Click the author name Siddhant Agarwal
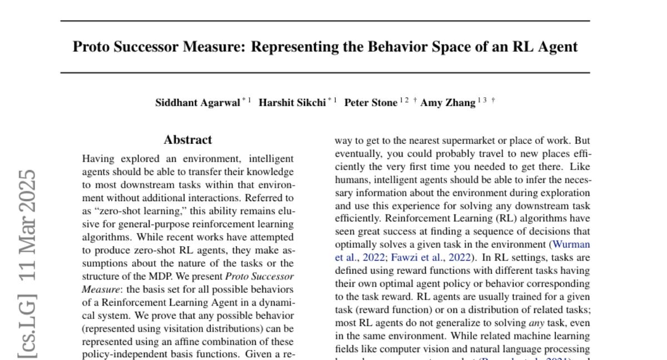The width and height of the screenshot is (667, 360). pyautogui.click(x=197, y=103)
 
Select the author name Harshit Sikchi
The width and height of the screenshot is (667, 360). pyautogui.click(x=292, y=103)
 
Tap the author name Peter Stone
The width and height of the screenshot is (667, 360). pyautogui.click(x=371, y=103)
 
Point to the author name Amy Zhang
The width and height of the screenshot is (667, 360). pyautogui.click(x=447, y=103)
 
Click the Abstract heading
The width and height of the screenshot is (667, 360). pyautogui.click(x=188, y=140)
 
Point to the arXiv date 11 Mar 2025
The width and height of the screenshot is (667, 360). pyautogui.click(x=26, y=223)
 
